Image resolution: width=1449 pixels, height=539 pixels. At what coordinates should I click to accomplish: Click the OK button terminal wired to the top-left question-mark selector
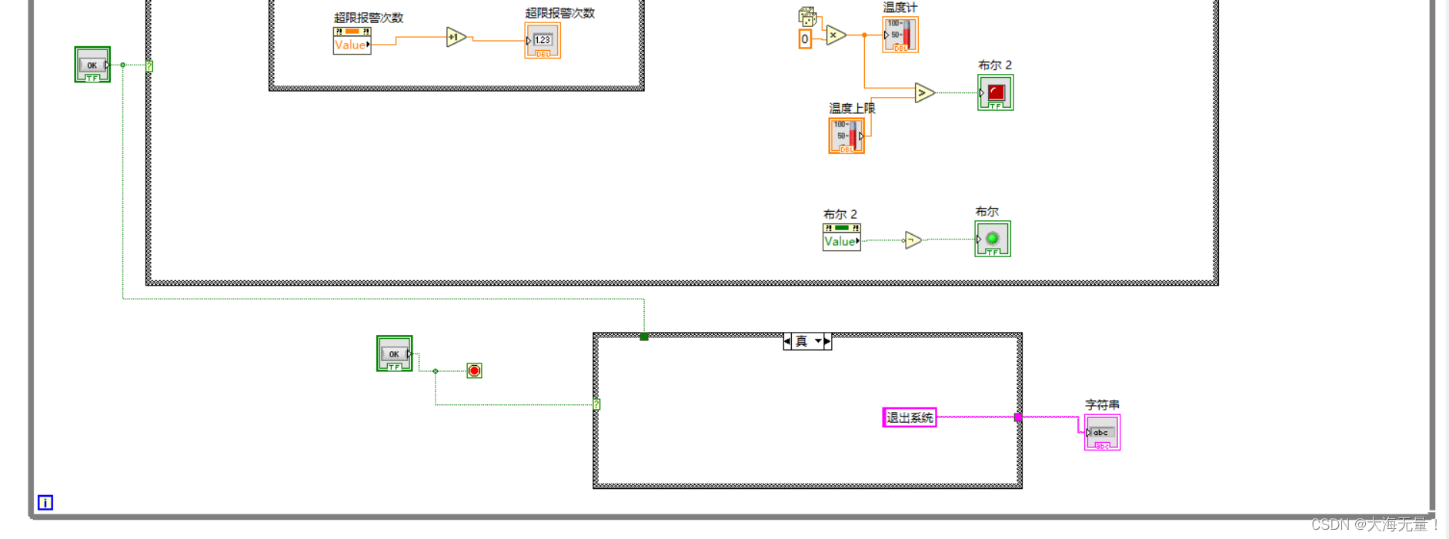[92, 65]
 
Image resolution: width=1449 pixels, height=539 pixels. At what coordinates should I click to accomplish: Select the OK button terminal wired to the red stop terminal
[394, 353]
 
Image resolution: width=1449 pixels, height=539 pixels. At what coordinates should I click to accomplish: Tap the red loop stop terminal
[474, 371]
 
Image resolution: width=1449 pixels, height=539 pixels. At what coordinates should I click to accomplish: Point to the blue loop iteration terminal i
[45, 503]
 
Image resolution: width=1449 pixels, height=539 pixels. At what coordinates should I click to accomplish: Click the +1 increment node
[456, 37]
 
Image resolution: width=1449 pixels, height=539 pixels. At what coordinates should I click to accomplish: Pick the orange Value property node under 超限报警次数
[352, 41]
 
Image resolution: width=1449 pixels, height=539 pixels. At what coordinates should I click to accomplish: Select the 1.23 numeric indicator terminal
[543, 40]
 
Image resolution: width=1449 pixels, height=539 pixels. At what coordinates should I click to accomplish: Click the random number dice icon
[807, 17]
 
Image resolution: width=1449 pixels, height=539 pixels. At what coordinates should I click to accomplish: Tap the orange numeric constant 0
[805, 39]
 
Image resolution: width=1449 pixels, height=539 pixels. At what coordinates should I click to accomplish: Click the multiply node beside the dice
[835, 35]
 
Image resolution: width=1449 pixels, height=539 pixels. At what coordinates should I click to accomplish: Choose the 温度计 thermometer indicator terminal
[900, 35]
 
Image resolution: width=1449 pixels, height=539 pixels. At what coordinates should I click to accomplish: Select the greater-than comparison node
[923, 93]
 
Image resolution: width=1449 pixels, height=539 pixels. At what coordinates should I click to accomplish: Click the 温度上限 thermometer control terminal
[846, 136]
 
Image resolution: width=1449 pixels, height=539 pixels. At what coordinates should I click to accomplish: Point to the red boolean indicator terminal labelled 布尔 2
[995, 92]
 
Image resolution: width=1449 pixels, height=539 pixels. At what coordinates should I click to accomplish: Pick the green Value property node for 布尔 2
[841, 237]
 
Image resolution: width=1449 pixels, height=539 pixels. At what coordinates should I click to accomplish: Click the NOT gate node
[912, 240]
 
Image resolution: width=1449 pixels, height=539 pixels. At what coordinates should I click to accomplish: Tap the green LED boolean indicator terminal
[992, 239]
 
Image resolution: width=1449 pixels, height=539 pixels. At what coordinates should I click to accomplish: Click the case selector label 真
[802, 341]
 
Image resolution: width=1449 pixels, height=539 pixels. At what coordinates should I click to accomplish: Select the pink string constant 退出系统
[909, 417]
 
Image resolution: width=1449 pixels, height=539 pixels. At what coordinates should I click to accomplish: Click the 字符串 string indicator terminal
[1102, 433]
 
